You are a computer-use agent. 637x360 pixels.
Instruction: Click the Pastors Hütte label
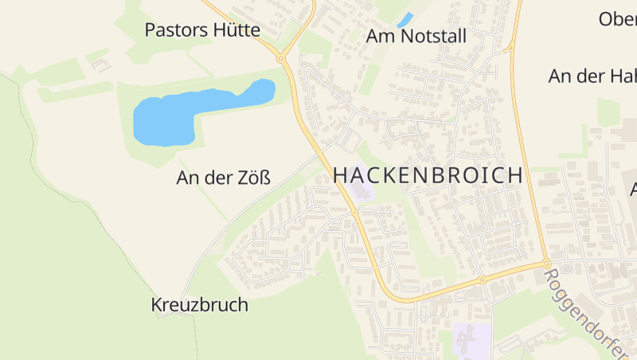coord(202,30)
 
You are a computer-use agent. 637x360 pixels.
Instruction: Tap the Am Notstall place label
coord(416,37)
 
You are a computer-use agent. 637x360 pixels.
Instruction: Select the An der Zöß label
coord(223,178)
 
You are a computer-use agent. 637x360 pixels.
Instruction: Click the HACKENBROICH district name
coord(428,175)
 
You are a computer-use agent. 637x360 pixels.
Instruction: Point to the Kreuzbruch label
coord(199,305)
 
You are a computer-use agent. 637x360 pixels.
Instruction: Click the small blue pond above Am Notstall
coord(405,19)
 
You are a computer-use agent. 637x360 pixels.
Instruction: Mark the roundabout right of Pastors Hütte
coord(281,58)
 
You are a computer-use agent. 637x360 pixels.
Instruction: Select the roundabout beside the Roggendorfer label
coord(548,264)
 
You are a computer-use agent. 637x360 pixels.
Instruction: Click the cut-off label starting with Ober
coord(618,19)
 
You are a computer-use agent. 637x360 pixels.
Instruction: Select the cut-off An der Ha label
coord(593,76)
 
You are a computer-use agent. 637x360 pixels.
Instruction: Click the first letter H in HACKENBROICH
coord(340,175)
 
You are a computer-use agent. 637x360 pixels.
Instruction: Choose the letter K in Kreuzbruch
coord(156,305)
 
